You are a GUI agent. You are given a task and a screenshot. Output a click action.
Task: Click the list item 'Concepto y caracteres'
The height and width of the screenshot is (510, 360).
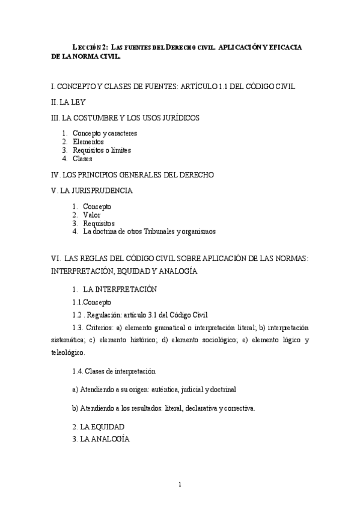pos(105,133)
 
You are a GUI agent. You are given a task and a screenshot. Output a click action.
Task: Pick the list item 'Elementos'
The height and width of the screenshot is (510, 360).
pos(88,141)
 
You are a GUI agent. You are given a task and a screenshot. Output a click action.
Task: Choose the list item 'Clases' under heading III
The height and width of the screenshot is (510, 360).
pos(82,159)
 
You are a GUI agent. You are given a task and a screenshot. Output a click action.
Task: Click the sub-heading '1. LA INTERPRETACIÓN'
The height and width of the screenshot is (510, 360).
pos(114,289)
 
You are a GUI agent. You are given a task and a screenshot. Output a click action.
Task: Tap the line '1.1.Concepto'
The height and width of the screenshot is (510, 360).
pos(91,303)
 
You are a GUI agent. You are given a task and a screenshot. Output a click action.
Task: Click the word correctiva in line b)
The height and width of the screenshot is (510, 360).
pos(239,408)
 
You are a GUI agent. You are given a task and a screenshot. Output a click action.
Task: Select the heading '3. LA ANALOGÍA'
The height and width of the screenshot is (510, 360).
pos(101,439)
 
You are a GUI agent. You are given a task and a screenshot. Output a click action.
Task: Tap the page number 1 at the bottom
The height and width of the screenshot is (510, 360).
pos(180,484)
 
